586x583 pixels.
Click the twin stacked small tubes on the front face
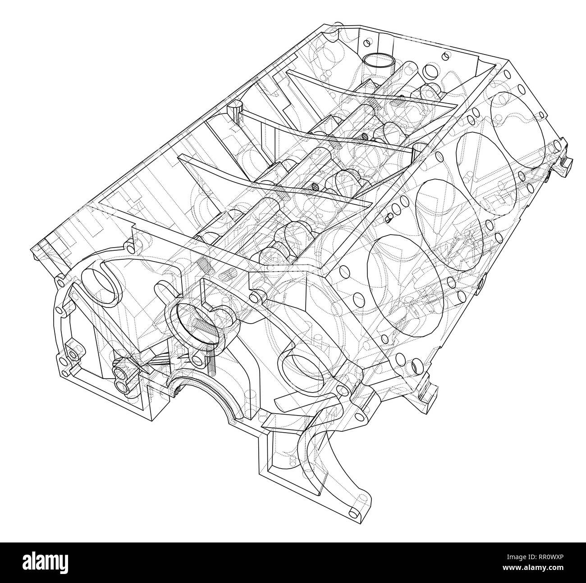click(x=124, y=378)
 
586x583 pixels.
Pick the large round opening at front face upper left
click(x=101, y=285)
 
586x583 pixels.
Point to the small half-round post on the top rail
click(x=235, y=111)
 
